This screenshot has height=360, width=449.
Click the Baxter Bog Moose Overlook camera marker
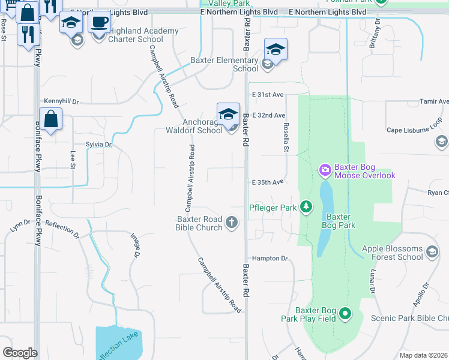325,170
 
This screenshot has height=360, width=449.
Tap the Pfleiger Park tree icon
306,207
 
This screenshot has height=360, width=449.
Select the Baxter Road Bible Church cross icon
232,223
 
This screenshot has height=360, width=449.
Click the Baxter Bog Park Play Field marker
345,313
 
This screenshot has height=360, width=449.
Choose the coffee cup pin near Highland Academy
99,22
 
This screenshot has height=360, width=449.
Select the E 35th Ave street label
268,182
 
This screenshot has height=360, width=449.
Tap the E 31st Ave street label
268,95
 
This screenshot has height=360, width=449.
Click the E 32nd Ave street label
268,115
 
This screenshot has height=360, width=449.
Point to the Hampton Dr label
270,258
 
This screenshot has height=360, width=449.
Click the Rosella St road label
286,138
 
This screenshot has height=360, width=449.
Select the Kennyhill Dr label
61,102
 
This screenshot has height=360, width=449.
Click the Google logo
20,353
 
